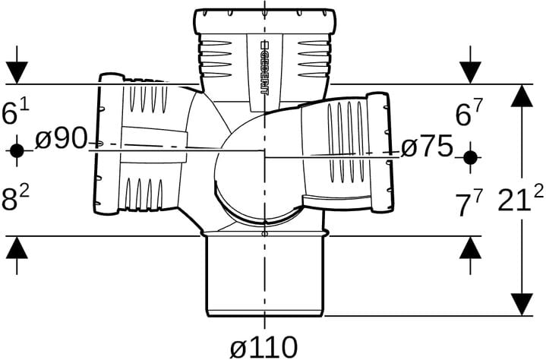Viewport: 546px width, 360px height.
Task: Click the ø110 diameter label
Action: pyautogui.click(x=264, y=347)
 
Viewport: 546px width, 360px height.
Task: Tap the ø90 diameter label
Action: pyautogui.click(x=61, y=138)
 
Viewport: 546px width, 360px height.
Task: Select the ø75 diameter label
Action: pyautogui.click(x=427, y=147)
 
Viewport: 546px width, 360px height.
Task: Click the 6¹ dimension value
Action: pyautogui.click(x=15, y=112)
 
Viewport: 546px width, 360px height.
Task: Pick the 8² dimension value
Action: pyautogui.click(x=15, y=199)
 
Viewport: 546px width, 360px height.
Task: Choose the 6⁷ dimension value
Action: pyautogui.click(x=469, y=114)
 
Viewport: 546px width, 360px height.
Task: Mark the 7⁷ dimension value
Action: pyautogui.click(x=469, y=204)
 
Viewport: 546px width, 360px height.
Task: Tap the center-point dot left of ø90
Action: pyautogui.click(x=17, y=150)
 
